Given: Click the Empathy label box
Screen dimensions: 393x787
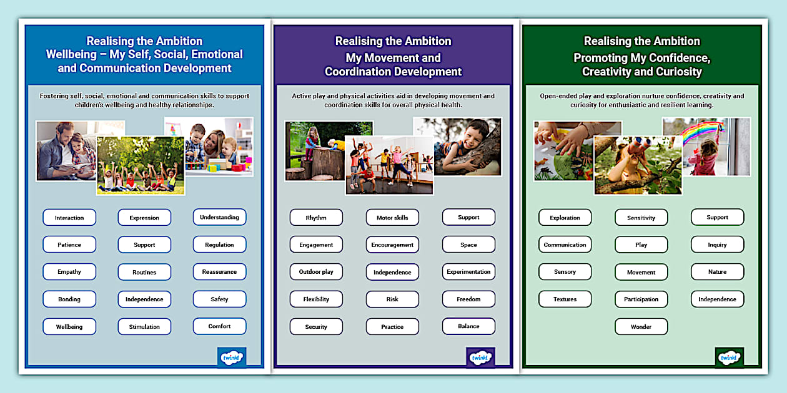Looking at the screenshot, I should (x=69, y=272).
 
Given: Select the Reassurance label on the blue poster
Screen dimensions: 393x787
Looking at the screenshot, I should (x=219, y=272).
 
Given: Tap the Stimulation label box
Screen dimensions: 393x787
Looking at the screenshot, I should (x=144, y=326).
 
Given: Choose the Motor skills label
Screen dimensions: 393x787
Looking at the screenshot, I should (x=392, y=218).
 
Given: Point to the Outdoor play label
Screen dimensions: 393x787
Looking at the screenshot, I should (x=316, y=272).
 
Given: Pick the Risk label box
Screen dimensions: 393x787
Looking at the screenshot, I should (x=392, y=299).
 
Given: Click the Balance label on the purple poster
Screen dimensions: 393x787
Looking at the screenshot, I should (x=468, y=326).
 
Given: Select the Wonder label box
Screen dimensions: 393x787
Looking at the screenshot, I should (x=641, y=326).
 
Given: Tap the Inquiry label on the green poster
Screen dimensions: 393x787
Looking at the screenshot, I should (x=717, y=245).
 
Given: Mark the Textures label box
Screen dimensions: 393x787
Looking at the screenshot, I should (x=565, y=299).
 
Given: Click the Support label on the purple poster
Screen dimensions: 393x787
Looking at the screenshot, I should (x=468, y=217).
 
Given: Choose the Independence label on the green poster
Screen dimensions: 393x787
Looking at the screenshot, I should (x=717, y=299).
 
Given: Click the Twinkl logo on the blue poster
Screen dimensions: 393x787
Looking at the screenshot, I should (x=232, y=357).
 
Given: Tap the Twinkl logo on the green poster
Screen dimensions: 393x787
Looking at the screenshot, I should (x=729, y=357).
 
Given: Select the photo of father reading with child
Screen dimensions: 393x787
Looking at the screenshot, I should (x=66, y=150).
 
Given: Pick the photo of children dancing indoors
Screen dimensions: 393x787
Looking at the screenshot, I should (x=389, y=165).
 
